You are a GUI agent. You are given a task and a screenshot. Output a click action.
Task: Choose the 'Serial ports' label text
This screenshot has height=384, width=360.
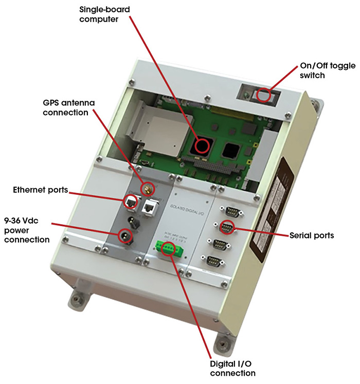311,235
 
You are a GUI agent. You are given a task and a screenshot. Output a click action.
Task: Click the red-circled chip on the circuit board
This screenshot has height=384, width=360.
202,146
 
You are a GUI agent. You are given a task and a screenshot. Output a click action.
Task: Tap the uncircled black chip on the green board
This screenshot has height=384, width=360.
230,150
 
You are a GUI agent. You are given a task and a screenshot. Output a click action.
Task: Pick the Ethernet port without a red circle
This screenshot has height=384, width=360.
150,207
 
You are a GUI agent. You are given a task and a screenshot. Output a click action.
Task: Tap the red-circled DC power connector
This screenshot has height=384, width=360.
124,236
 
